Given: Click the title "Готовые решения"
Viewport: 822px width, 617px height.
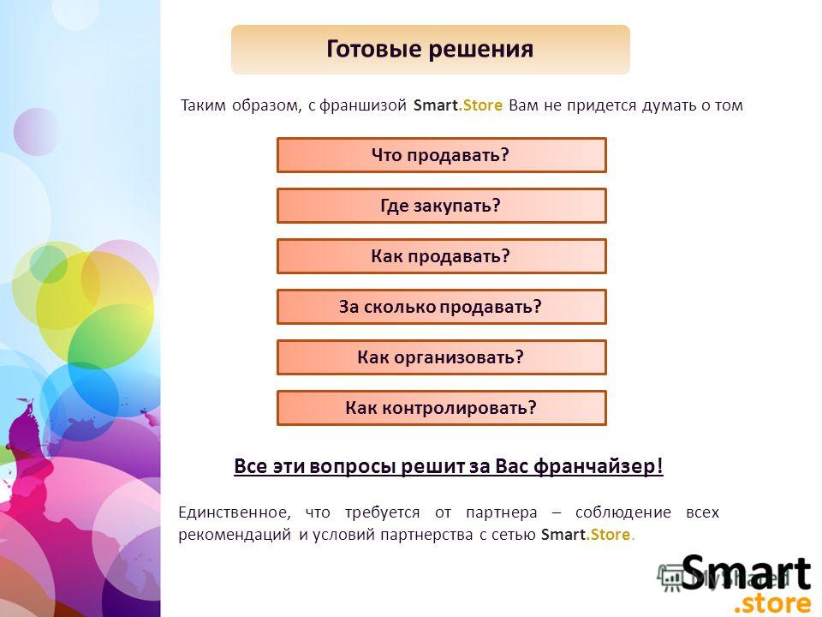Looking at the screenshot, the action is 430,50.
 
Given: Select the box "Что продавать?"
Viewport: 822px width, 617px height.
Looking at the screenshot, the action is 442,155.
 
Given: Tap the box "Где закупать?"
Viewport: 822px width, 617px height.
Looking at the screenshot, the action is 442,206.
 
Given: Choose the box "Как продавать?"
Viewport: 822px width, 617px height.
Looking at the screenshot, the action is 442,256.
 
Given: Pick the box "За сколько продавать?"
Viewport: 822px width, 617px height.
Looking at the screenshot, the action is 442,307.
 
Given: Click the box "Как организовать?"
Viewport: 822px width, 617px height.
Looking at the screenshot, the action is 442,357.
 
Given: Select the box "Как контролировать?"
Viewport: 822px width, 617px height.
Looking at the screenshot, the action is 442,408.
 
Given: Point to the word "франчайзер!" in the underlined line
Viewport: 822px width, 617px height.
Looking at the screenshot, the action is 599,466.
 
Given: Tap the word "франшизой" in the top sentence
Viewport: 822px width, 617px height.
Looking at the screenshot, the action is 363,105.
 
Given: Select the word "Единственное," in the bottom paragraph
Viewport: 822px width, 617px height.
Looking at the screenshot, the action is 235,512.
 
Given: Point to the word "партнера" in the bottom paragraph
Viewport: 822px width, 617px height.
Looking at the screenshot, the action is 502,512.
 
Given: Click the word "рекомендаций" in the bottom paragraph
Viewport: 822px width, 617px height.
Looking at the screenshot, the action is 235,535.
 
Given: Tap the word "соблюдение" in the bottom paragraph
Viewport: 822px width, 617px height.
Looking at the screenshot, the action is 623,512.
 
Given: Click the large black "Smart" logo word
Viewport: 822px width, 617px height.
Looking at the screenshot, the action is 746,572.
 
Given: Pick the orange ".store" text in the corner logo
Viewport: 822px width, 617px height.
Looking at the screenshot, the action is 772,602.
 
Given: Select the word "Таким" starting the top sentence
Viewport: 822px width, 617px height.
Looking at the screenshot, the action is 204,105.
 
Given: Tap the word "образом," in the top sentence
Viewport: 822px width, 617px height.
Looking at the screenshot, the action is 267,105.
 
